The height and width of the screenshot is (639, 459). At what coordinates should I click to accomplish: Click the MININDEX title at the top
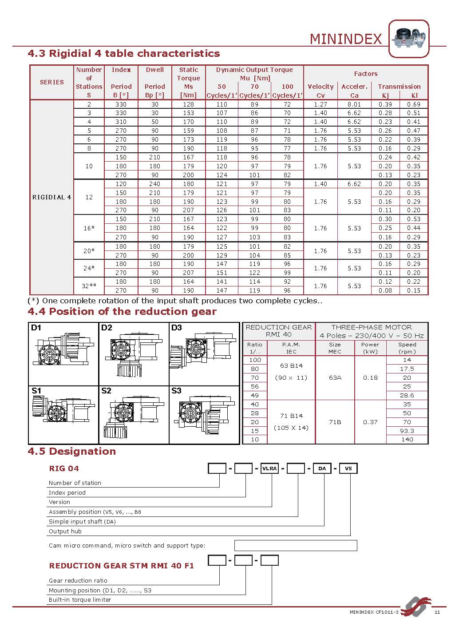click(345, 39)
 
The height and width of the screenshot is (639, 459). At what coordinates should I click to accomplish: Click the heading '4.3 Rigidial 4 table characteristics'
click(124, 54)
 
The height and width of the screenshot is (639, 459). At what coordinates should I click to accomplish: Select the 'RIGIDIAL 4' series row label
click(51, 197)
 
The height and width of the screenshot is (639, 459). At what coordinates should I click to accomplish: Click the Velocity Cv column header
click(320, 91)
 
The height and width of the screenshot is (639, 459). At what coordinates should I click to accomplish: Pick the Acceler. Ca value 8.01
click(354, 104)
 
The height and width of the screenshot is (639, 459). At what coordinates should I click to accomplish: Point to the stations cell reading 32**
click(89, 286)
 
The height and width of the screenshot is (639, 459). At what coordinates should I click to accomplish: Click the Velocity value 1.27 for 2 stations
click(320, 104)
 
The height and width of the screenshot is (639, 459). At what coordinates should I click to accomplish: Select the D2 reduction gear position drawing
click(133, 353)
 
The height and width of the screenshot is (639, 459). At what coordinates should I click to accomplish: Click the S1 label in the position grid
click(36, 391)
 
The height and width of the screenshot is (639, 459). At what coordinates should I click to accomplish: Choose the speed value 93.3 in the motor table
click(407, 431)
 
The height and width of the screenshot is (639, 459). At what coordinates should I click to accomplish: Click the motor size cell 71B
click(335, 422)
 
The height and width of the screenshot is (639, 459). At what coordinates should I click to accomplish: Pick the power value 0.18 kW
click(370, 377)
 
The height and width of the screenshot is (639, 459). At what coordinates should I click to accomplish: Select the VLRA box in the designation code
click(269, 468)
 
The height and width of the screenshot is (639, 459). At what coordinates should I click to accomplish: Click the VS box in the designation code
click(348, 468)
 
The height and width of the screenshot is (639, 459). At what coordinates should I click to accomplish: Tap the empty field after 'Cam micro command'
click(295, 545)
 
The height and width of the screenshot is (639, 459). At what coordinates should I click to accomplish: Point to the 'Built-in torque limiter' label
click(80, 599)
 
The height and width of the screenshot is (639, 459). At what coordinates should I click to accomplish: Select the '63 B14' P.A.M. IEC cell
click(291, 366)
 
